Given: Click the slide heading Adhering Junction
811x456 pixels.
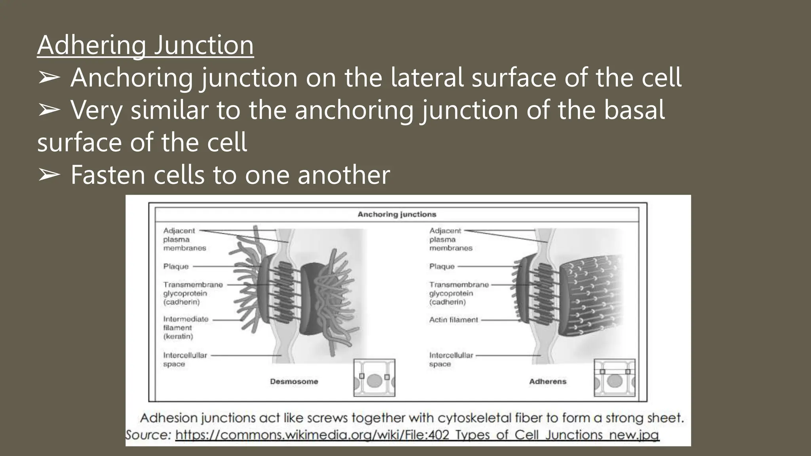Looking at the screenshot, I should click(x=145, y=45).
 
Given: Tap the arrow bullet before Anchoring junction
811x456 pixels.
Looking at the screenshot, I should click(x=49, y=78).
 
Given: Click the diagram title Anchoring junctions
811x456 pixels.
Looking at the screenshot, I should click(x=397, y=215).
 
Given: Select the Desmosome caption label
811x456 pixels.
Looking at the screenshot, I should click(x=294, y=382).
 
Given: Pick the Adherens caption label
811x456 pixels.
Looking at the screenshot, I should click(x=548, y=382).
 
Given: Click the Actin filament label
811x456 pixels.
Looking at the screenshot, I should click(x=454, y=320).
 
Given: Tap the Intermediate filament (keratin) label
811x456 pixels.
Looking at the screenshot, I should click(x=185, y=328).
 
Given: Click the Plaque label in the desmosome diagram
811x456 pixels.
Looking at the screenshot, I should click(x=176, y=266).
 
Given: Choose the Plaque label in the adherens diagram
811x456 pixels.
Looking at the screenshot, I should click(x=442, y=266).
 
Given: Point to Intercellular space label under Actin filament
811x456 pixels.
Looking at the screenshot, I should click(x=451, y=359).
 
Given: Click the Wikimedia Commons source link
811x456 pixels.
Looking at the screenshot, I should click(x=417, y=435).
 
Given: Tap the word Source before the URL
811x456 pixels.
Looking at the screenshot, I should click(x=148, y=435).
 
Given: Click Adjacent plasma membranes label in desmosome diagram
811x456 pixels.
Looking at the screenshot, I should click(x=184, y=239).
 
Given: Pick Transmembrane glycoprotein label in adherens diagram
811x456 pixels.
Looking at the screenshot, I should click(x=459, y=293).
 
